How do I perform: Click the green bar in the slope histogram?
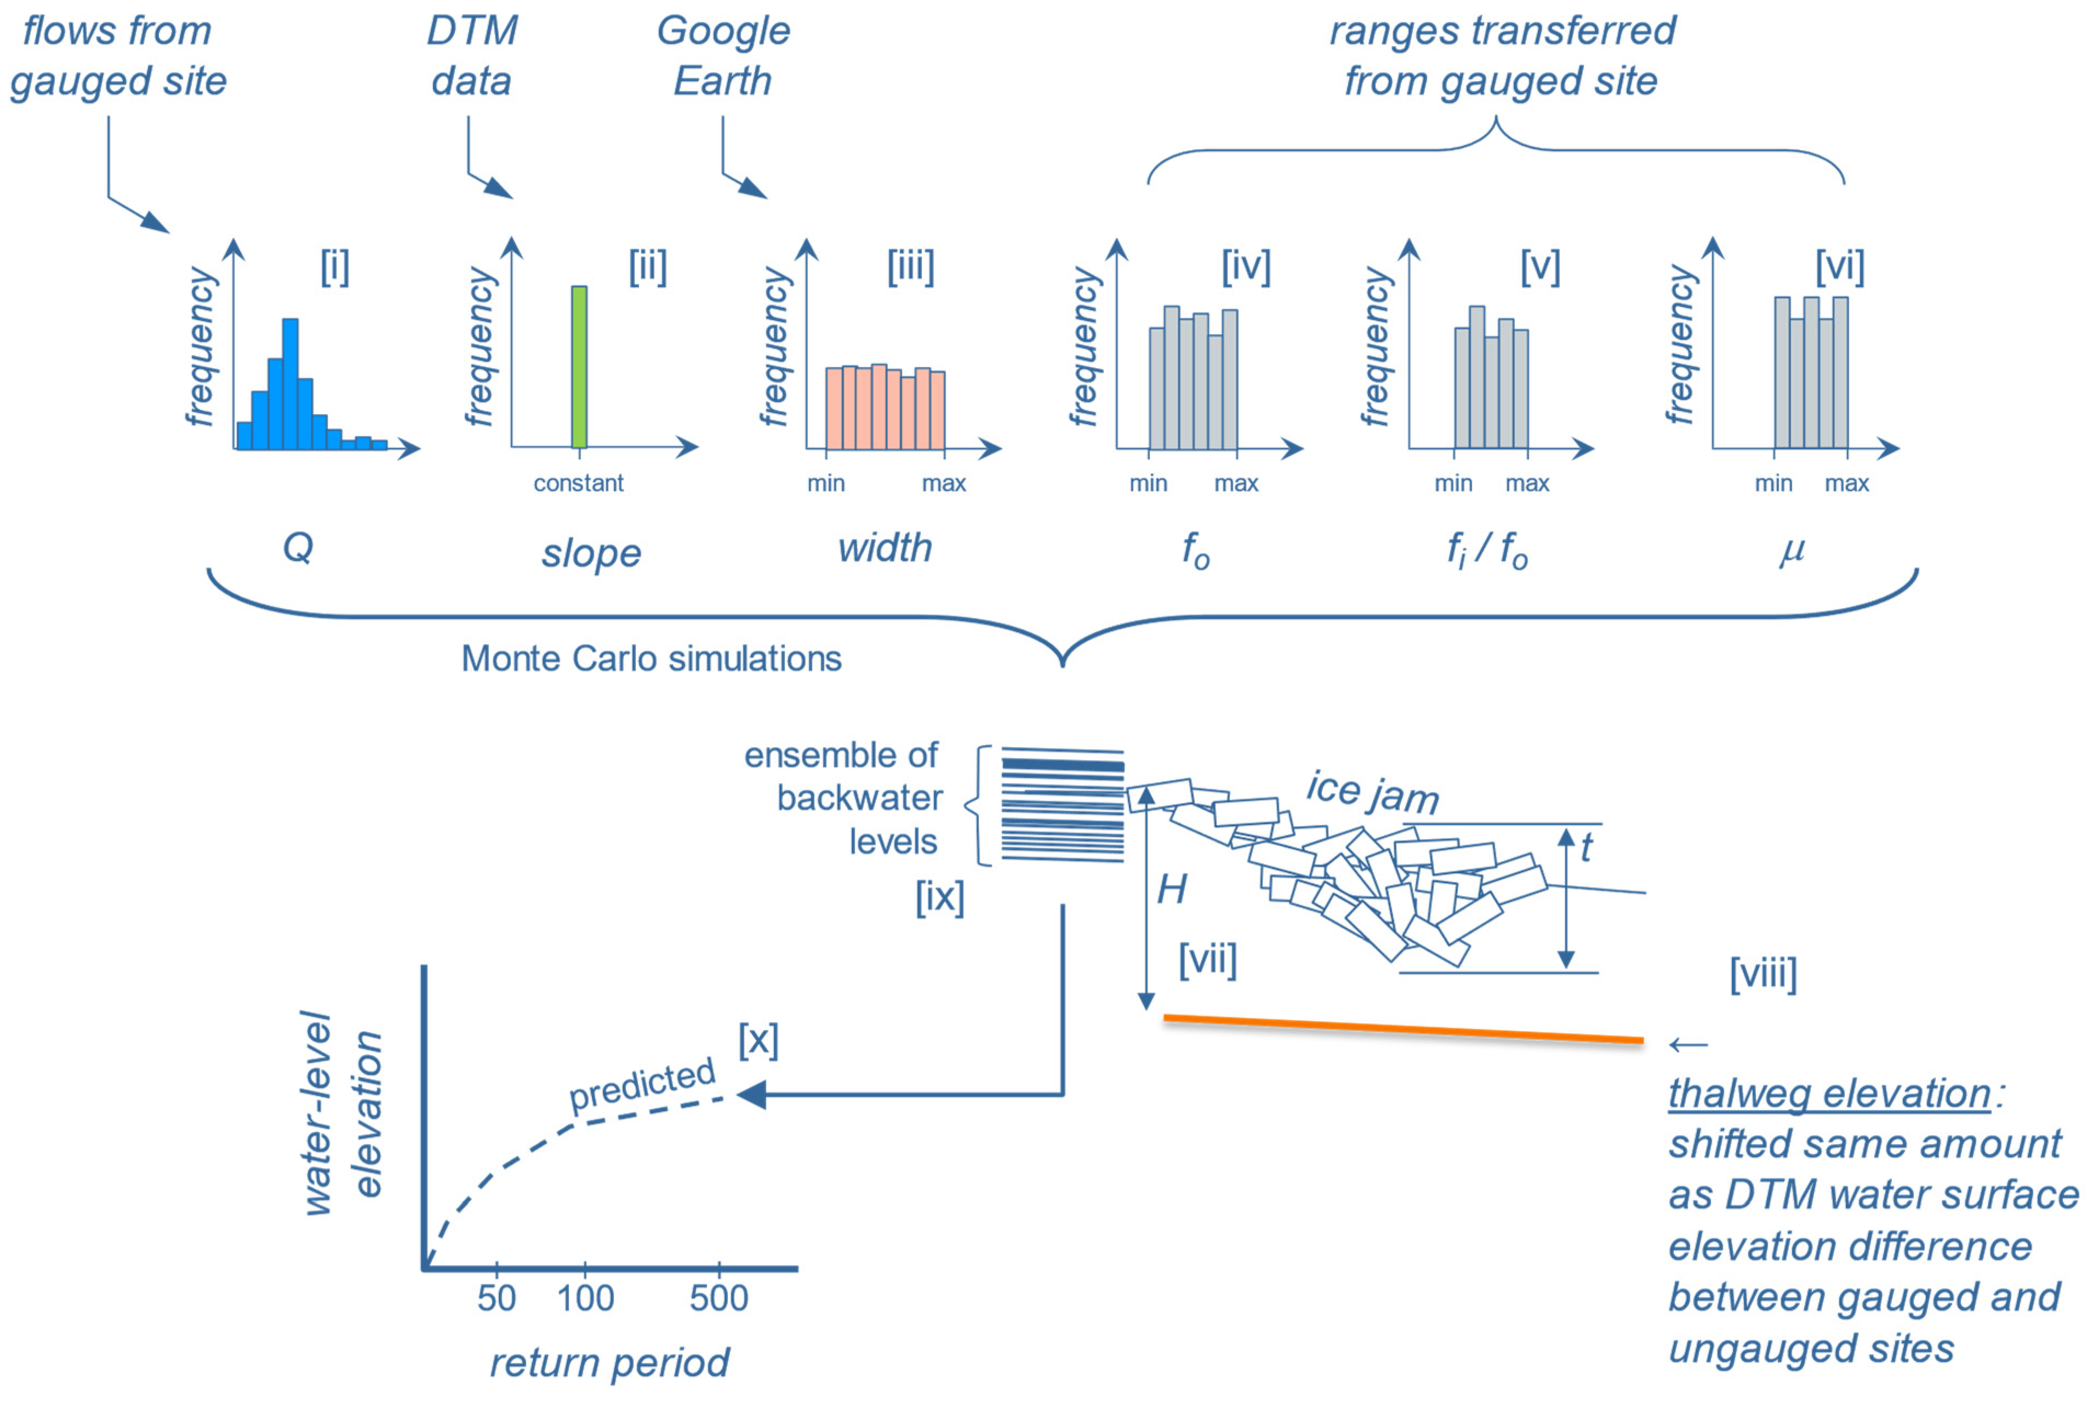tap(579, 367)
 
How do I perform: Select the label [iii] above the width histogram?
tap(910, 266)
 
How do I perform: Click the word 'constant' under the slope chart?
tap(579, 484)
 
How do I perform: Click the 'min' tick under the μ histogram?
tap(1773, 484)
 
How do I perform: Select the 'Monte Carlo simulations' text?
tap(651, 659)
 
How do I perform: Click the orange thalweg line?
tap(1403, 1029)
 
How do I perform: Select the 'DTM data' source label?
tap(472, 55)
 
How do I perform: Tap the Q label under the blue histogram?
tap(298, 546)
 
